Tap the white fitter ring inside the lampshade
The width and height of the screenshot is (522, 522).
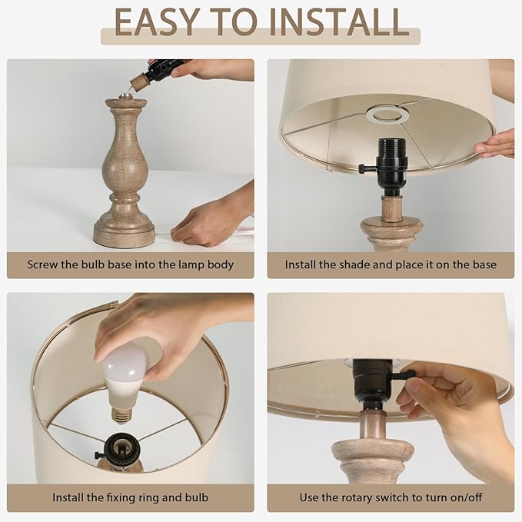(387, 115)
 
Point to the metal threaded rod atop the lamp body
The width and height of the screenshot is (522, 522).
(125, 96)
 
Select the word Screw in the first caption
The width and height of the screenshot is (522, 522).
(42, 264)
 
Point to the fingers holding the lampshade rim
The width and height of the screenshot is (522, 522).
(494, 144)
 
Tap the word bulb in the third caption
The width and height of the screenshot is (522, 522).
(195, 497)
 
